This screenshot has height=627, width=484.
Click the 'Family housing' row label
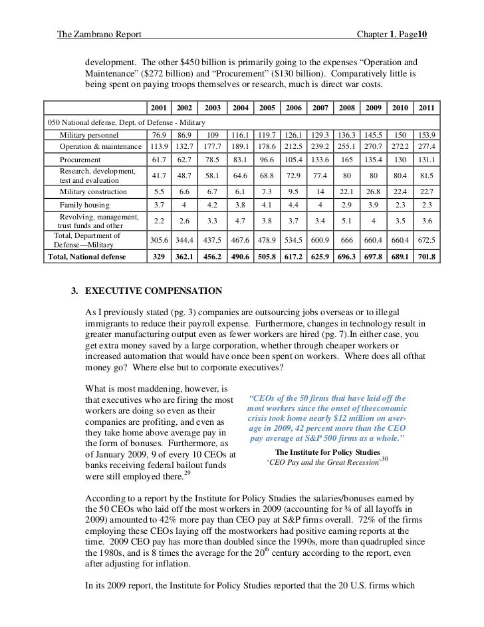point(84,205)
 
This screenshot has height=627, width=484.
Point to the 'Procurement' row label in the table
point(80,160)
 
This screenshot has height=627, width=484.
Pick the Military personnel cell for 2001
point(158,135)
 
